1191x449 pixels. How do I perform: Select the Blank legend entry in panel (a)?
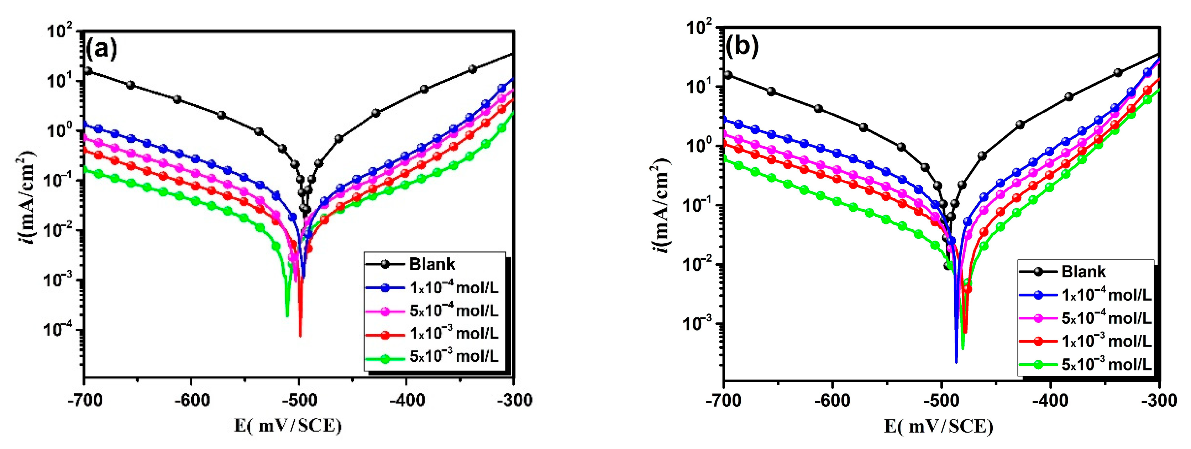point(432,264)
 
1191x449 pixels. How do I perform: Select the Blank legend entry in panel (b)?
point(1083,271)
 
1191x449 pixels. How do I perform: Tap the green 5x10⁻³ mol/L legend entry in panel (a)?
point(453,356)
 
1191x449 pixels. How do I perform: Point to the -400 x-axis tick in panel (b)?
point(1050,400)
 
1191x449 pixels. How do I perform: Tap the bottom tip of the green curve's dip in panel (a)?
point(287,316)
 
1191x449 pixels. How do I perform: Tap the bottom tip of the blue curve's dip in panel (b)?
point(956,363)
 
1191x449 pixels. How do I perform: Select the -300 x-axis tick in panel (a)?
point(513,400)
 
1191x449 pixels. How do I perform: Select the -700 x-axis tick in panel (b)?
point(724,400)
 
